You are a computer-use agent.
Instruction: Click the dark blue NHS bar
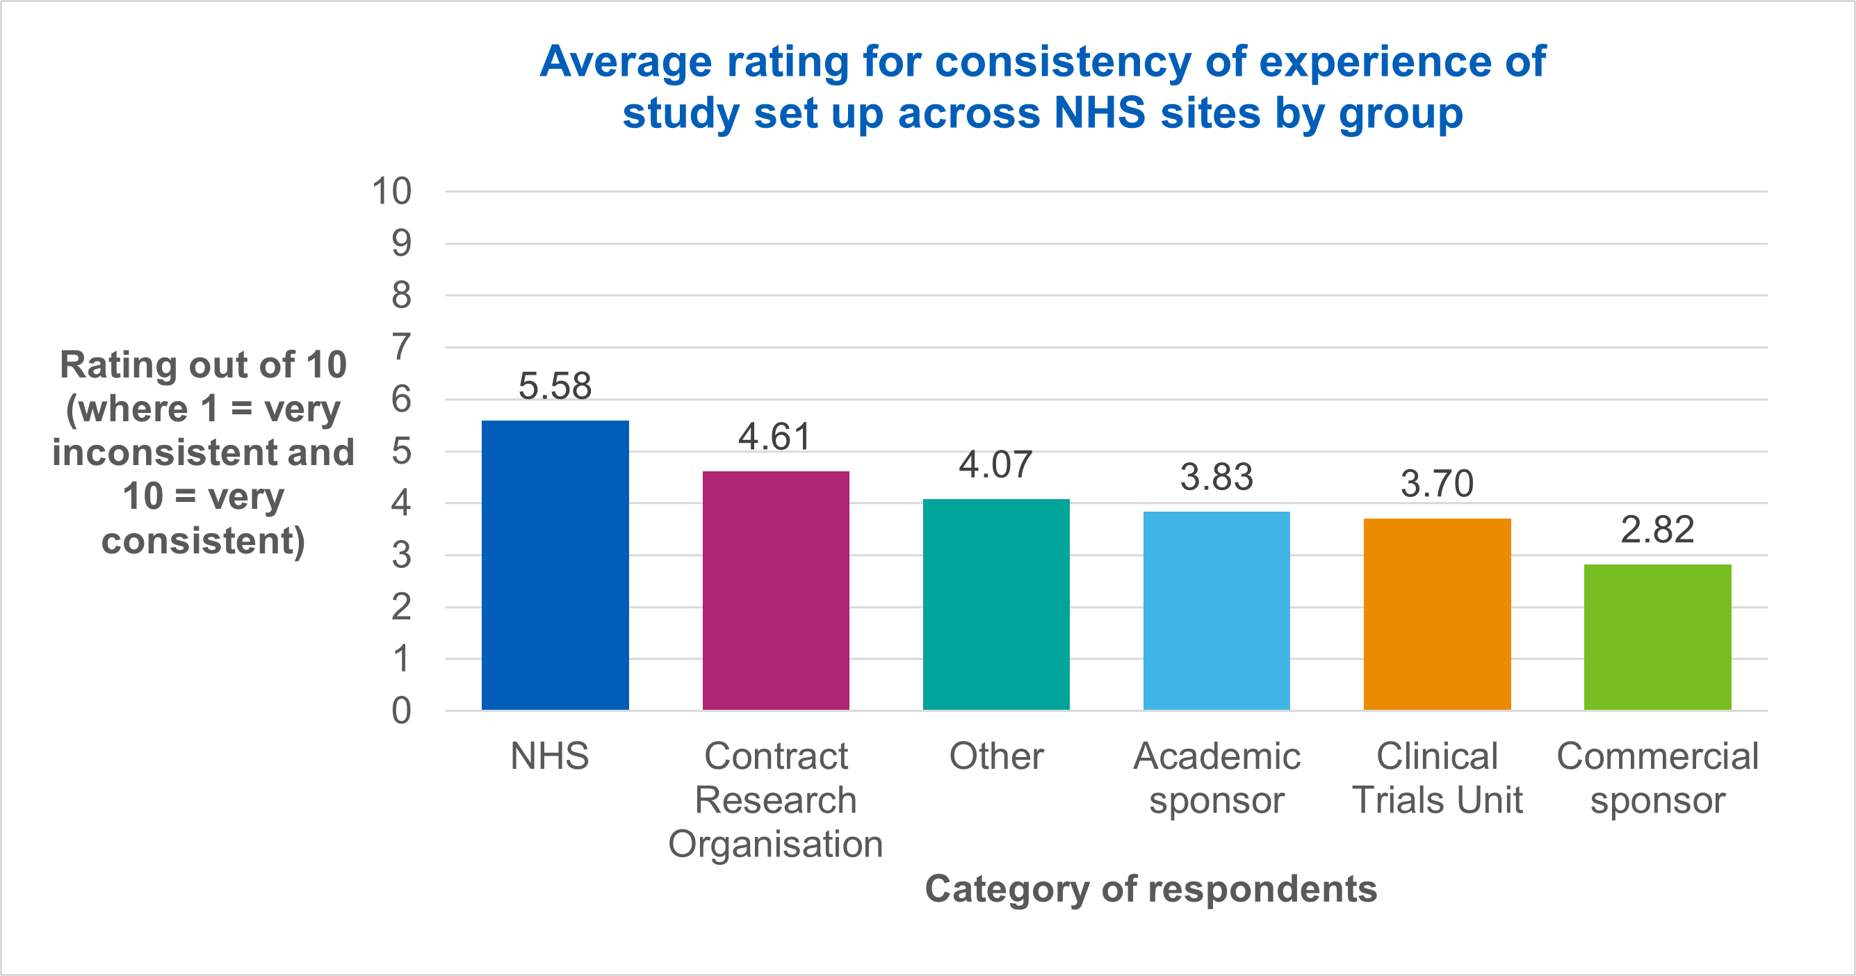(555, 565)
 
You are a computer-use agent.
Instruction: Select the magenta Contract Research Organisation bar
(775, 591)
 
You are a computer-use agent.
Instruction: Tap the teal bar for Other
(995, 604)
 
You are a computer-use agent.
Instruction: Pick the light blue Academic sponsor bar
(1216, 611)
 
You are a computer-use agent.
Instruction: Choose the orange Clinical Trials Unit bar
(1437, 614)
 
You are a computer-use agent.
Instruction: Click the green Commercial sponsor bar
(1657, 637)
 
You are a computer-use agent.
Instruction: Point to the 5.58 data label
(555, 386)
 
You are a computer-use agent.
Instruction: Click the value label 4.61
(775, 437)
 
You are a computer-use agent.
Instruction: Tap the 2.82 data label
(1657, 530)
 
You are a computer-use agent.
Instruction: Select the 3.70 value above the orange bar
(1437, 483)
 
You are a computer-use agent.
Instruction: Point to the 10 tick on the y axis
(391, 192)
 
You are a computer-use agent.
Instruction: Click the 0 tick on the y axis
(401, 711)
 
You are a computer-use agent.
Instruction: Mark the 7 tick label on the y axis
(401, 347)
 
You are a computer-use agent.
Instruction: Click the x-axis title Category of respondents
(1150, 889)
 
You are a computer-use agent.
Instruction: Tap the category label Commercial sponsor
(1657, 778)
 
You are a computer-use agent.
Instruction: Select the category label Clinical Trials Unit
(1437, 778)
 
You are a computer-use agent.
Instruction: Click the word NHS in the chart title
(1100, 113)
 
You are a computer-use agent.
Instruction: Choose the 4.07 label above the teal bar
(995, 464)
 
